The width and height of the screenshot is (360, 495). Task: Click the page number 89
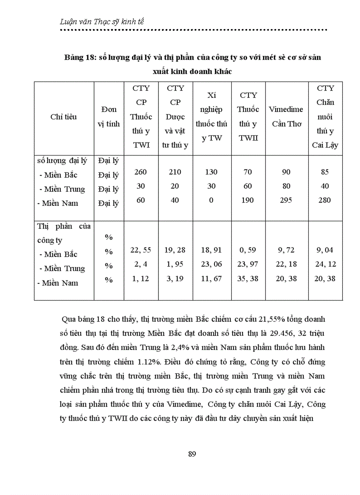click(191, 454)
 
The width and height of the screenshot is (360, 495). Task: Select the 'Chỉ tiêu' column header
click(64, 117)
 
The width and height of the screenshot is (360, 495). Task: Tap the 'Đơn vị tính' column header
click(109, 116)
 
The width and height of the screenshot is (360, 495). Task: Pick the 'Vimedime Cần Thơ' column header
click(286, 116)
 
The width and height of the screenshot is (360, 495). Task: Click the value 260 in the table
click(141, 172)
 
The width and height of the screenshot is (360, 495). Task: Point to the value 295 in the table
click(286, 200)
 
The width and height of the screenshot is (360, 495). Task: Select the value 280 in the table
click(326, 200)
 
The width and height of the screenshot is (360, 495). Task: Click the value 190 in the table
click(248, 200)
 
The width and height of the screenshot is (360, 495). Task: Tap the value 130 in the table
click(211, 172)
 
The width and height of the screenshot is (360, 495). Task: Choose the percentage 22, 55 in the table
click(141, 250)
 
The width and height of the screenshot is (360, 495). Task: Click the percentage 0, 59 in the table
click(248, 250)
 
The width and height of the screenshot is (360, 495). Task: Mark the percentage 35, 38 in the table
click(248, 278)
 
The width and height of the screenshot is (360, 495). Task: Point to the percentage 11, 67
click(211, 278)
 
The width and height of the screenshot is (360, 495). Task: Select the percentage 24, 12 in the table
click(326, 264)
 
